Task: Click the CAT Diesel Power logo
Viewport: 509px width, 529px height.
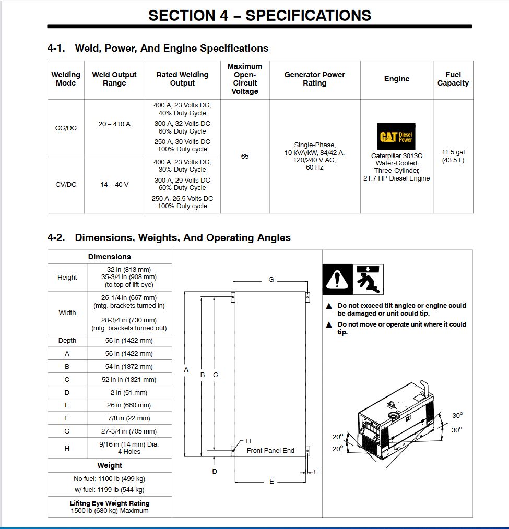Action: [x=397, y=137]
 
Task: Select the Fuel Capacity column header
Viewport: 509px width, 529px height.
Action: [x=453, y=79]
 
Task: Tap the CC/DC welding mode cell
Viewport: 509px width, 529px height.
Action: [x=66, y=128]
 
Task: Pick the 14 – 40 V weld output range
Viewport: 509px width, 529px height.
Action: [x=114, y=185]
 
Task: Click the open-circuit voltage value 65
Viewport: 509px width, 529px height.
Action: [x=245, y=156]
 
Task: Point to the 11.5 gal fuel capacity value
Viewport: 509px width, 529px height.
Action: [x=453, y=152]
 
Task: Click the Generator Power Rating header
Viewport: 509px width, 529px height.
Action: [x=314, y=79]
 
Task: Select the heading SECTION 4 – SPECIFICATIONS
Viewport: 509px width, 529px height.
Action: [x=259, y=16]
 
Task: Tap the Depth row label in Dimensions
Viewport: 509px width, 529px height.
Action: [x=67, y=341]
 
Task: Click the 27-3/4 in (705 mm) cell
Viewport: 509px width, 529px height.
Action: [x=129, y=431]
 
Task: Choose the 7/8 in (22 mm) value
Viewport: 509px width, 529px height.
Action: [x=129, y=418]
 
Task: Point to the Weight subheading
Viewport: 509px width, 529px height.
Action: [x=110, y=465]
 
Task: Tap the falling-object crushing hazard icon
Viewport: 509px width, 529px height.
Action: [x=369, y=279]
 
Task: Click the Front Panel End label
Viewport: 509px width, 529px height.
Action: [x=270, y=451]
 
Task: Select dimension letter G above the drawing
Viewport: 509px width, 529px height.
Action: [x=271, y=280]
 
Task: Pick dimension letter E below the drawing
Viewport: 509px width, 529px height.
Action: [x=271, y=482]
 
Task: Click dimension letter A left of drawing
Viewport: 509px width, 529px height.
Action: [x=186, y=369]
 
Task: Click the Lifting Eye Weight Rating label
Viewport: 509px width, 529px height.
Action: [x=110, y=503]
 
